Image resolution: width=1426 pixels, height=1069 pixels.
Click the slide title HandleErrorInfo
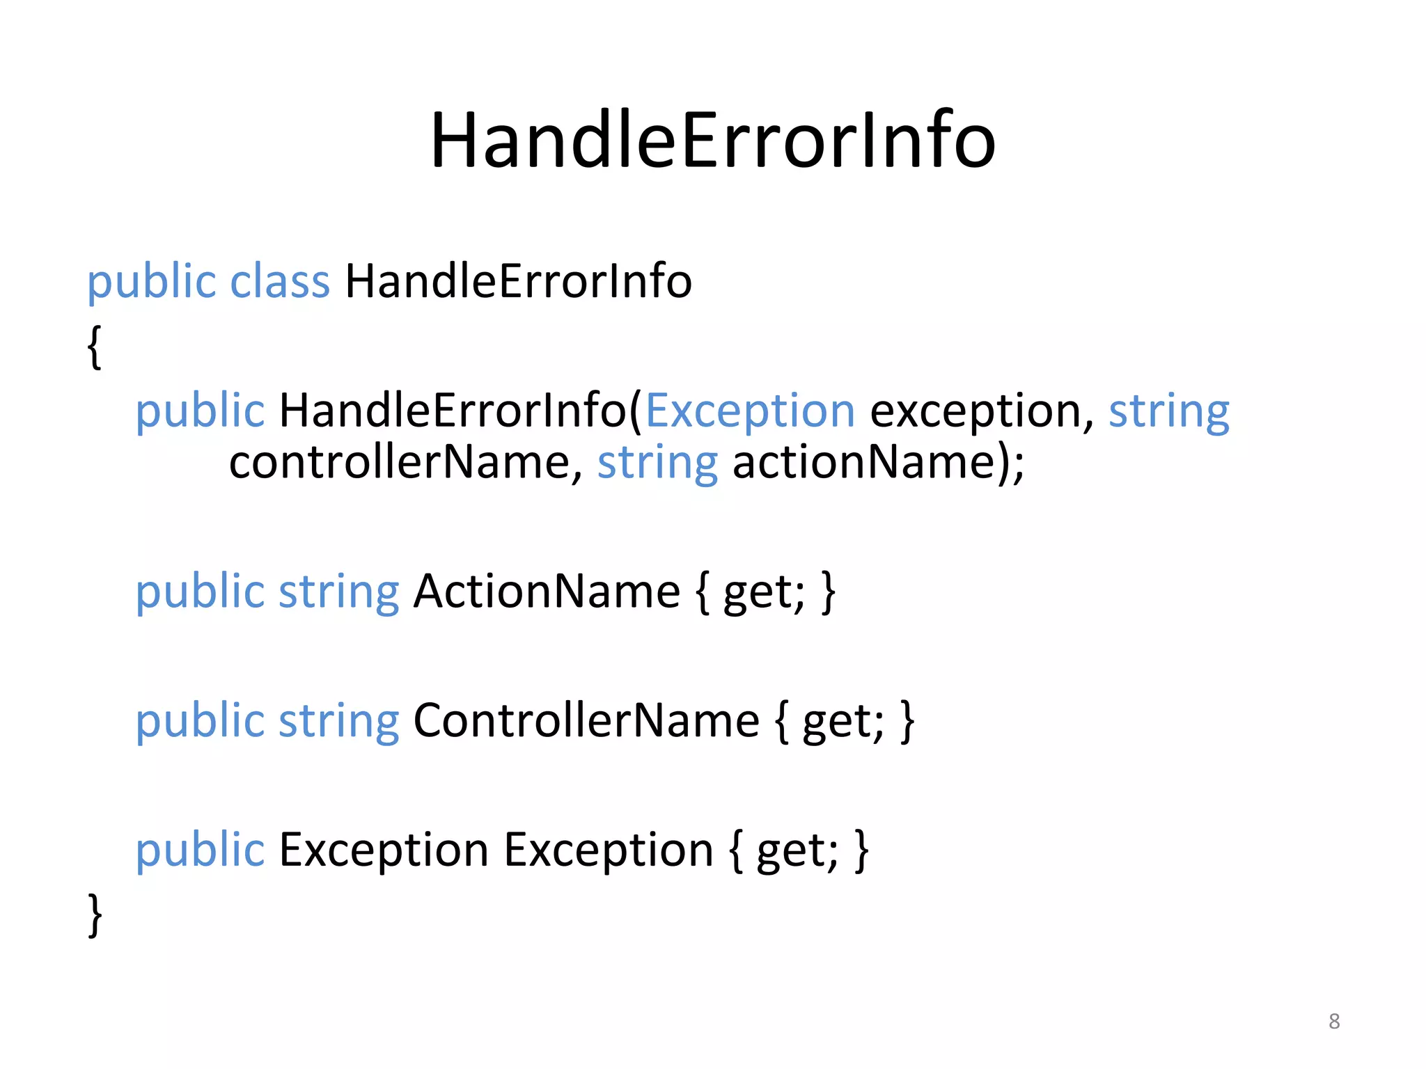(x=712, y=141)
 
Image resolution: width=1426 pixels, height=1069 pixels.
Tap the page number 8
(x=1333, y=1021)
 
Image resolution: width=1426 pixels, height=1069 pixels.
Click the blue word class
(x=279, y=281)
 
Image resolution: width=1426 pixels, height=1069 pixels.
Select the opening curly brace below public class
(x=95, y=347)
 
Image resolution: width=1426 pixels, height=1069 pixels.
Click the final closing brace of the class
(x=95, y=915)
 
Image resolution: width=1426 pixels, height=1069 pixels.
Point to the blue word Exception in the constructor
(x=750, y=411)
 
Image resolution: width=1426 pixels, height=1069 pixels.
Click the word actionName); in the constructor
(x=878, y=462)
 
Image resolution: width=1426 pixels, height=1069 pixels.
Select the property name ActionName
(x=547, y=592)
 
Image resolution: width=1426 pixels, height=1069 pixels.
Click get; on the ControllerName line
(x=843, y=722)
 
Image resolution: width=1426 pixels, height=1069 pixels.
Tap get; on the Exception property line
(x=797, y=851)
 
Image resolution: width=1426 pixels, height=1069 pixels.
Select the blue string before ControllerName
(x=338, y=722)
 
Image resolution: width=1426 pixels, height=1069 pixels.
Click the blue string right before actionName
(x=657, y=464)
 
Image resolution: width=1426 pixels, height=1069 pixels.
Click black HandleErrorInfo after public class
(x=518, y=281)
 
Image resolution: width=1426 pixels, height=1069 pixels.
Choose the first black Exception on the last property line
(x=384, y=850)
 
